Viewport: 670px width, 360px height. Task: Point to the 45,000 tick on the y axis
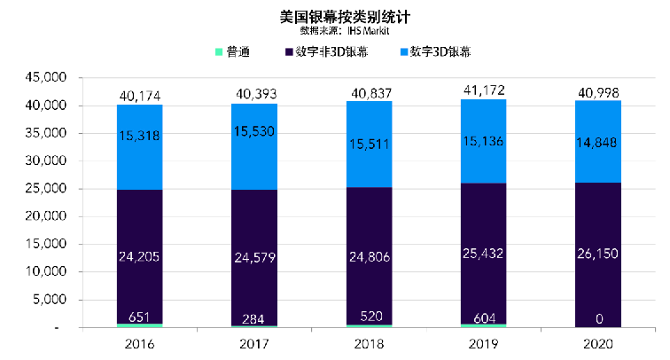[43, 78]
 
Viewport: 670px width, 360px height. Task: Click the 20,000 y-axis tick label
[43, 217]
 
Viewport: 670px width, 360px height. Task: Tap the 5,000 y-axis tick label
[46, 301]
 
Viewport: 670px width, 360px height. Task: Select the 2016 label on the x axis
[139, 342]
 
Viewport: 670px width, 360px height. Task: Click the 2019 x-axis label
[483, 342]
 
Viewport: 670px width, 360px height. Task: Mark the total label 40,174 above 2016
[140, 95]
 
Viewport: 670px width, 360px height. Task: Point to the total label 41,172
[484, 90]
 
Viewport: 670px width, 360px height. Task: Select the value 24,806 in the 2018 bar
[369, 258]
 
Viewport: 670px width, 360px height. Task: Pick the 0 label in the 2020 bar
[598, 317]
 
